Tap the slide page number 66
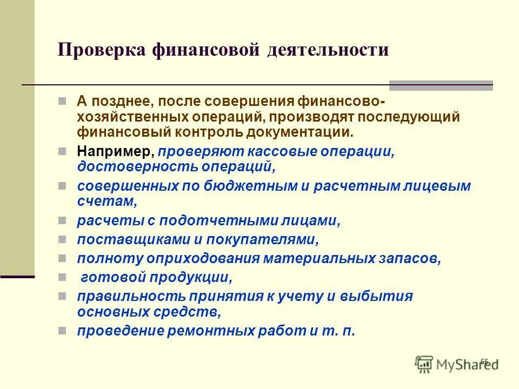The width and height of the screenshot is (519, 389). point(484,361)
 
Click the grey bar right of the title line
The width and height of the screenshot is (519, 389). point(441,85)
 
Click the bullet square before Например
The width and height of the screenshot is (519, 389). point(62,152)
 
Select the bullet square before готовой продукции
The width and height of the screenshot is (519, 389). point(62,277)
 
